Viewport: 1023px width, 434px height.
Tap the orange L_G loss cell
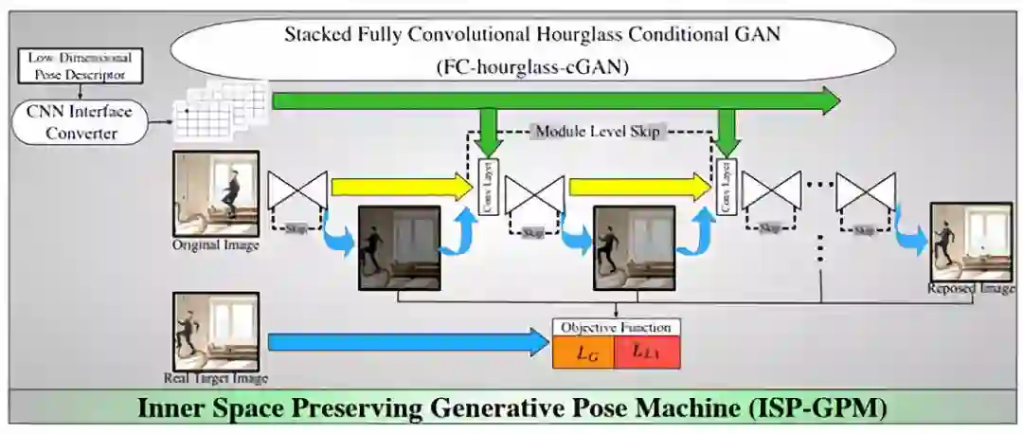click(583, 353)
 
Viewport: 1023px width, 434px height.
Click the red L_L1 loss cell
click(646, 353)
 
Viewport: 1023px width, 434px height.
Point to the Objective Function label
click(616, 327)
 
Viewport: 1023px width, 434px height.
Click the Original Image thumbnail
click(215, 193)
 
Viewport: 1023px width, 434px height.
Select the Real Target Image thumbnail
click(215, 332)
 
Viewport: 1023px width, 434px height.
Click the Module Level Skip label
click(597, 132)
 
